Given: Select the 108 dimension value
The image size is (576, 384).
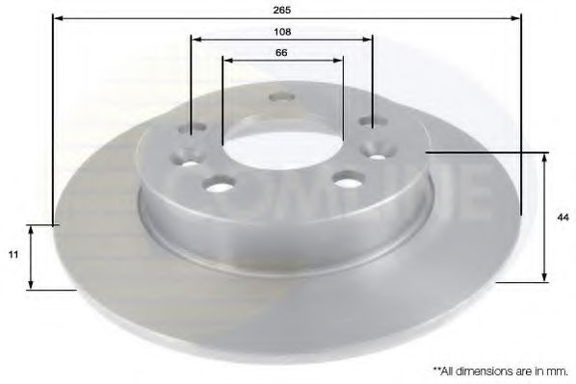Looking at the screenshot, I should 282,31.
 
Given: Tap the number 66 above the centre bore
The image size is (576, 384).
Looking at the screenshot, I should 282,52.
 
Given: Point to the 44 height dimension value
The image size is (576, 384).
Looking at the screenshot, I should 560,217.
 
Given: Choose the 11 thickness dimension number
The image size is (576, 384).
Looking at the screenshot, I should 13,256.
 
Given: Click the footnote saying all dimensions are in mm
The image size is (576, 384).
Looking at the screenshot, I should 500,370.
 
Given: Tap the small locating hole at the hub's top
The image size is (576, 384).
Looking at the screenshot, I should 282,96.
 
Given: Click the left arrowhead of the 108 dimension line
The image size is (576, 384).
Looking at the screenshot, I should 195,39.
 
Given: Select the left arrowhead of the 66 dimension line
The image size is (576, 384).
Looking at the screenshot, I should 226,61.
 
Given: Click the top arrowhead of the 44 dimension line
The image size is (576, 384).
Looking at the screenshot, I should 545,157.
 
